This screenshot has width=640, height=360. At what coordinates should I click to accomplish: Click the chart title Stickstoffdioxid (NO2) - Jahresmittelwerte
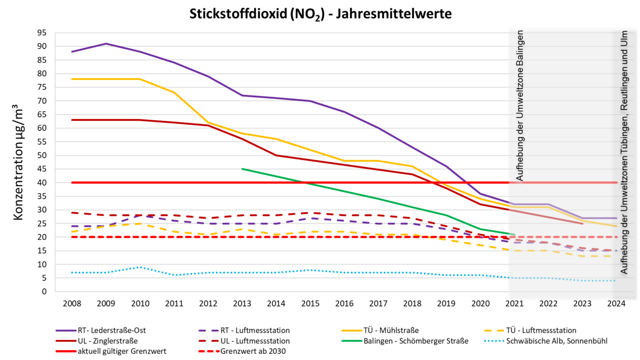pos(320,14)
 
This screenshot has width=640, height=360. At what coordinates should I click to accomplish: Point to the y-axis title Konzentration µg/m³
pos(18,161)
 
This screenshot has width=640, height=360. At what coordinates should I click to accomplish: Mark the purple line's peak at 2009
pos(106,44)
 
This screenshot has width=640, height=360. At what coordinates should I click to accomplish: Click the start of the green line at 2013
pos(242,169)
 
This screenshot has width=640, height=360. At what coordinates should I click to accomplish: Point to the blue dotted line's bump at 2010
pos(140,267)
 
